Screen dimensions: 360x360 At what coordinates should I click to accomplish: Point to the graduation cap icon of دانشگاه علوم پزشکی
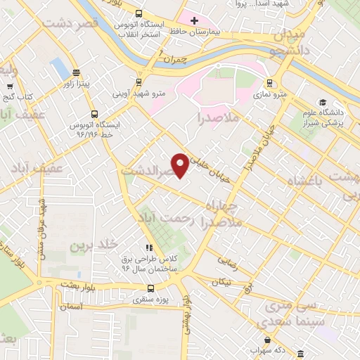(x=321, y=102)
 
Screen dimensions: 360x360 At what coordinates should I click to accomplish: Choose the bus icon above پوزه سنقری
(x=150, y=288)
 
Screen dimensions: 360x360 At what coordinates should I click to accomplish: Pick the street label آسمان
(x=72, y=307)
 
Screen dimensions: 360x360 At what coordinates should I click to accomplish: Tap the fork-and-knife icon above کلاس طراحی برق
(x=148, y=248)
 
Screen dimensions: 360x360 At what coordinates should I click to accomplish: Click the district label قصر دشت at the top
(x=70, y=23)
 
